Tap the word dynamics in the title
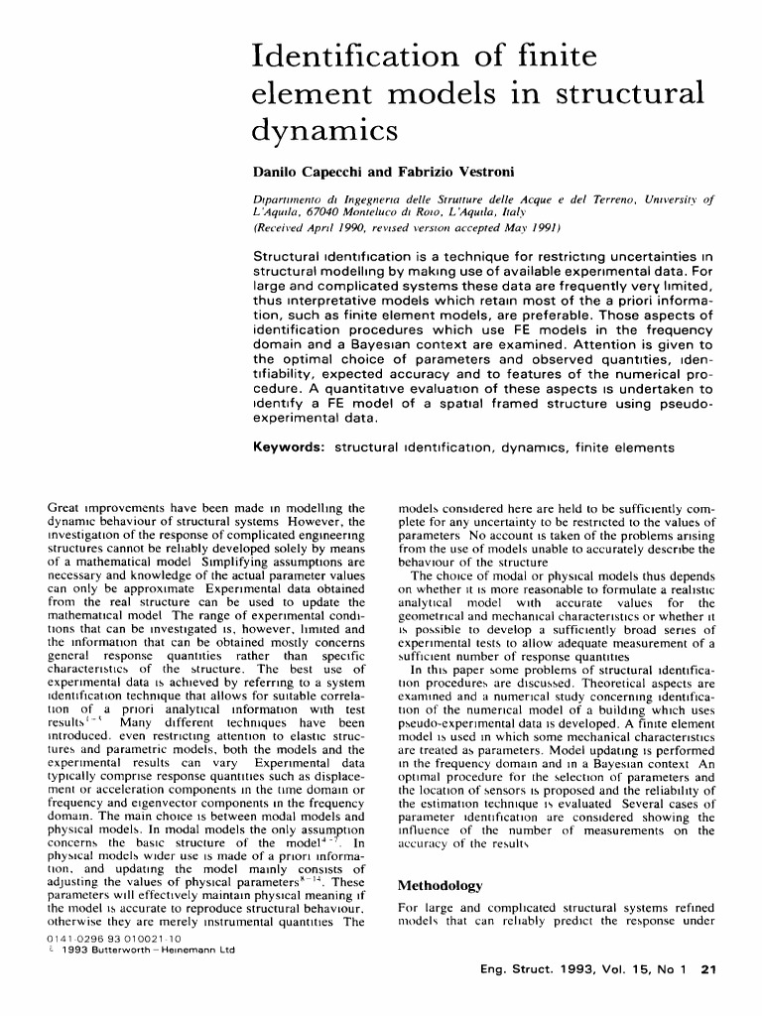click(325, 129)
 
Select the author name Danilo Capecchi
click(296, 171)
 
